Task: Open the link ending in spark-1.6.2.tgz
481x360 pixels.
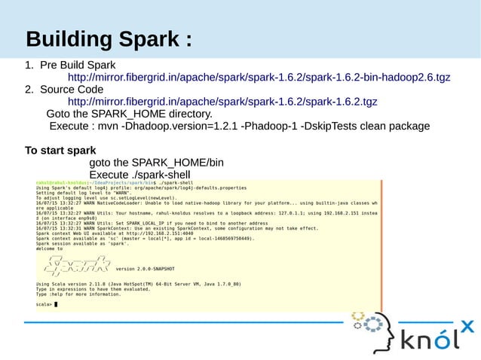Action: click(222, 102)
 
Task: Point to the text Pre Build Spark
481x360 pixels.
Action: click(78, 66)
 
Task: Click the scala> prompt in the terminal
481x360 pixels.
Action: click(44, 304)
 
